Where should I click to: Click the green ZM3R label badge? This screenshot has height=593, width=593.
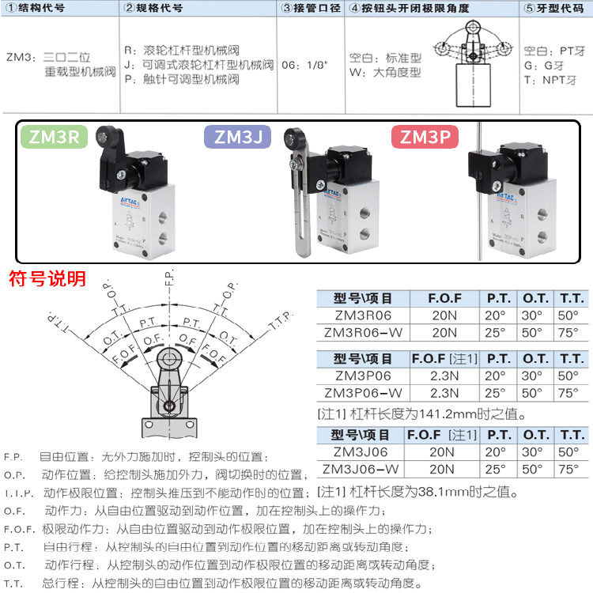(x=54, y=137)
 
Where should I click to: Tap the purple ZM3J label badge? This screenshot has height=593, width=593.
(x=238, y=137)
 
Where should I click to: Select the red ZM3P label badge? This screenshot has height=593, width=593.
(x=425, y=137)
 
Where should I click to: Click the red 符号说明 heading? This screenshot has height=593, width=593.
(x=47, y=278)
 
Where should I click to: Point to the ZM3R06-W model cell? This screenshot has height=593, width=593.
(x=363, y=332)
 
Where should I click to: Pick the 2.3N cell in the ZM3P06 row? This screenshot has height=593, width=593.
(x=444, y=376)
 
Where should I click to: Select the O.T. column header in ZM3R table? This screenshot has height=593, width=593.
(x=535, y=299)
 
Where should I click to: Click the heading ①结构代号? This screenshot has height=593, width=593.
(x=36, y=9)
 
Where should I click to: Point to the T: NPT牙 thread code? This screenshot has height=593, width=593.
(x=550, y=80)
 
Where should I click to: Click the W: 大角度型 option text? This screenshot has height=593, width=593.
(x=385, y=73)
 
